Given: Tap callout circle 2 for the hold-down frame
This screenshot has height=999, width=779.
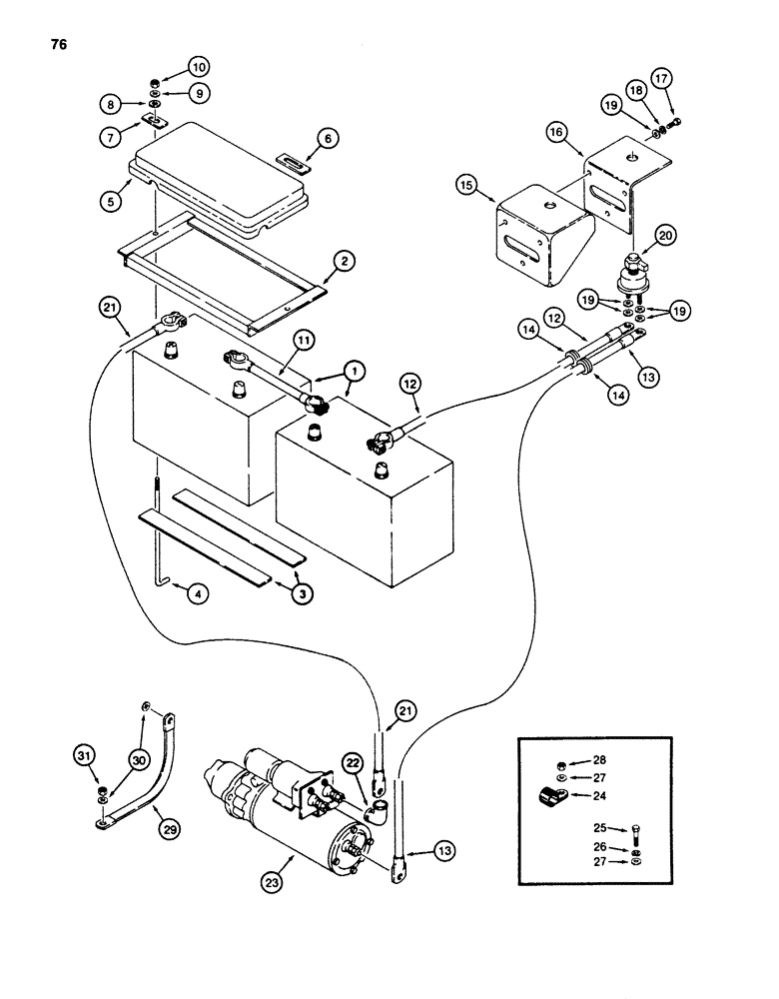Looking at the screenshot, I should coord(343,262).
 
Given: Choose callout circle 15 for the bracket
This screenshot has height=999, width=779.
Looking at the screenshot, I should coord(465,186).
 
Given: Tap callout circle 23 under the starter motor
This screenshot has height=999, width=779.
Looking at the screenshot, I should coord(277,882).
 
